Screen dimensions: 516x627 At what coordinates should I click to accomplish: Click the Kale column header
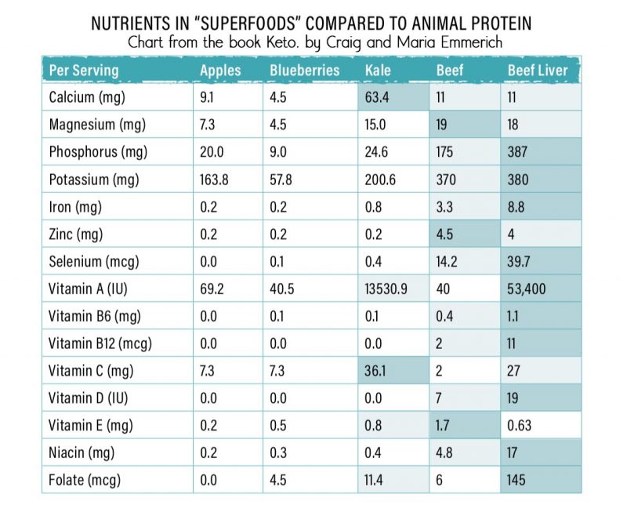coord(378,71)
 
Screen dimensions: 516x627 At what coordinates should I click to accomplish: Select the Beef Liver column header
coord(537,71)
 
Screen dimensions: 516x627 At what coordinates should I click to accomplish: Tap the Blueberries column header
coord(304,71)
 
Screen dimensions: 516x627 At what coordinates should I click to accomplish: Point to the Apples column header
coord(220,71)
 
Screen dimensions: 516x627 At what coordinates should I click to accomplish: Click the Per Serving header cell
coord(84,71)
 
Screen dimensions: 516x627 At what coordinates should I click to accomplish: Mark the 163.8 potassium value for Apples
coord(214,180)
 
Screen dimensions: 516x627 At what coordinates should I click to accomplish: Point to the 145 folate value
coord(516,479)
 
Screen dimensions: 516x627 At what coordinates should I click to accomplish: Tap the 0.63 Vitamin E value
coord(520,425)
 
